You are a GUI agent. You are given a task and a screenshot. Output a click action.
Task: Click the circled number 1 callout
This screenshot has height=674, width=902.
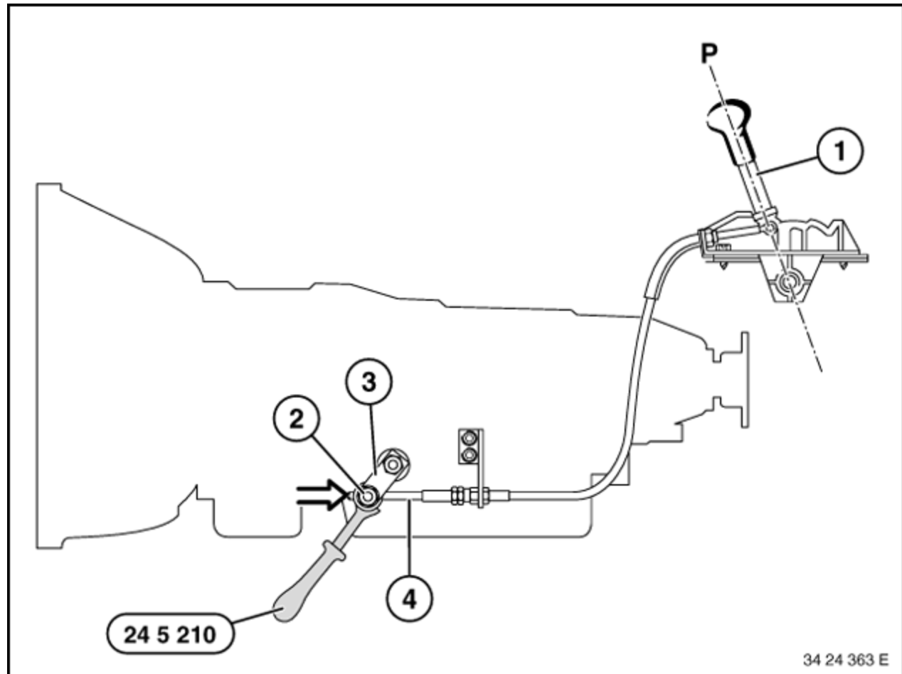click(840, 151)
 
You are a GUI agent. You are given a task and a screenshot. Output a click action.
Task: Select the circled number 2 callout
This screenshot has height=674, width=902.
click(296, 418)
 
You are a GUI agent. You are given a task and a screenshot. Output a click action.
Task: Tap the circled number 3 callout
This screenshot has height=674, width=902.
click(368, 382)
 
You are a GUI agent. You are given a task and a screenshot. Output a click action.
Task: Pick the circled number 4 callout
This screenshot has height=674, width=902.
click(409, 599)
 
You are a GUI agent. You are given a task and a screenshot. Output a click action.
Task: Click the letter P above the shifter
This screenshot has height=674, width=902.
click(709, 53)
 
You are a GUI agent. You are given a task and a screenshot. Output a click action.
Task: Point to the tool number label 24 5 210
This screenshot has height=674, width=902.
click(170, 635)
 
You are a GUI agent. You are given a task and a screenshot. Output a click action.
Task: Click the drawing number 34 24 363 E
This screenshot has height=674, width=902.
click(846, 660)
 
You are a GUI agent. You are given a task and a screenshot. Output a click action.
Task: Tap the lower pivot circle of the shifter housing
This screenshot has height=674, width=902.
click(787, 282)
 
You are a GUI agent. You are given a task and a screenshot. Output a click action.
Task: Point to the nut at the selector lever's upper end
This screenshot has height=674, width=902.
click(393, 464)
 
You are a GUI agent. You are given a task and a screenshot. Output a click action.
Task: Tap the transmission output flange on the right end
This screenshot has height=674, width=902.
click(745, 380)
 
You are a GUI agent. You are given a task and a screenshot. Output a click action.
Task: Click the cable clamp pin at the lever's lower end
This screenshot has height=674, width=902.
click(367, 496)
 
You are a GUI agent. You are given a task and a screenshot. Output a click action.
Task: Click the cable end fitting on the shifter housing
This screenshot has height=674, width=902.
click(709, 239)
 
